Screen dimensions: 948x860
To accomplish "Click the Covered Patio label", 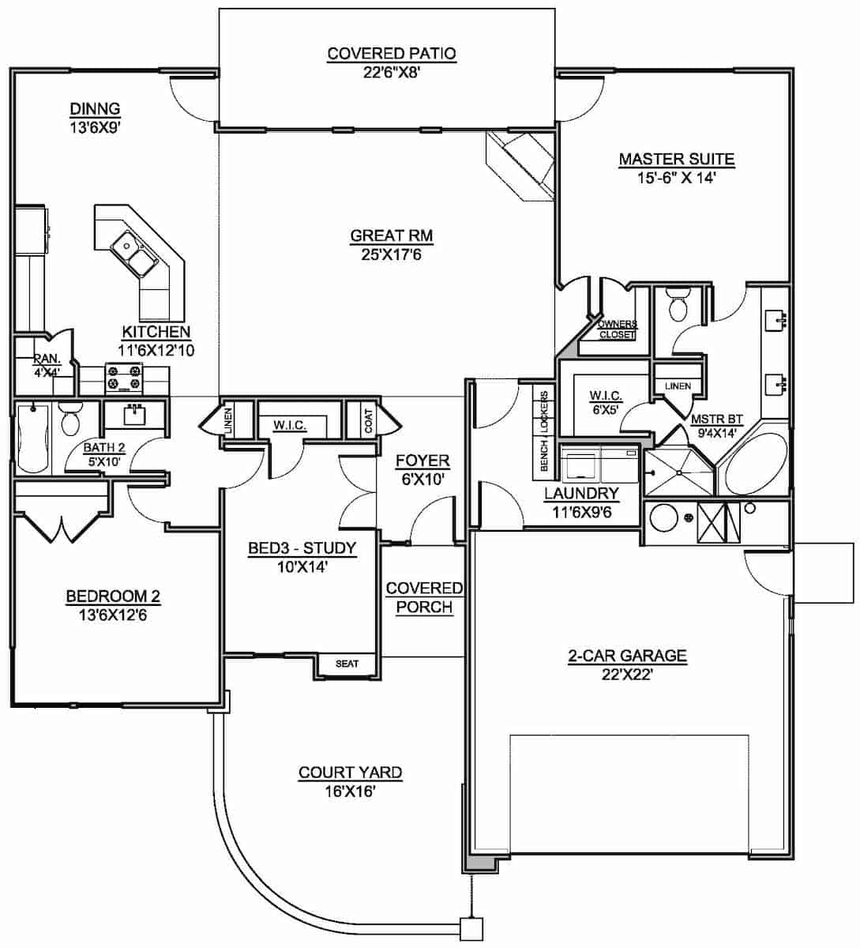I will [x=392, y=54].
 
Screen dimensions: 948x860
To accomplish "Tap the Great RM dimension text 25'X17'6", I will [x=392, y=254].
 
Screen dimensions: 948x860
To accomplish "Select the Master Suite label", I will [x=676, y=160].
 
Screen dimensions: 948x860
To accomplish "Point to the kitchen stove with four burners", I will [x=124, y=378].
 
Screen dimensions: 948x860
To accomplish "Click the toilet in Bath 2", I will [x=70, y=419].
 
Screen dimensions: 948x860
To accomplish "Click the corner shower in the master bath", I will [x=678, y=472].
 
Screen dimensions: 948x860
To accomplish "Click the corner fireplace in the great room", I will [x=521, y=162].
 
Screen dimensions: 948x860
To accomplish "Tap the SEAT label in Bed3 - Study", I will [x=347, y=664].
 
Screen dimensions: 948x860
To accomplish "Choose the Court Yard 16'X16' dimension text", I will [x=350, y=791].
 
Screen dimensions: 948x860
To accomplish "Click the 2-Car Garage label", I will [x=628, y=655].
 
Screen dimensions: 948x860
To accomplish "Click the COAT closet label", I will [x=369, y=419].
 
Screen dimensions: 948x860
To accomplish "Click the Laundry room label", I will [x=581, y=495].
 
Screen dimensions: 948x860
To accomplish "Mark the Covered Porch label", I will [x=424, y=597].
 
